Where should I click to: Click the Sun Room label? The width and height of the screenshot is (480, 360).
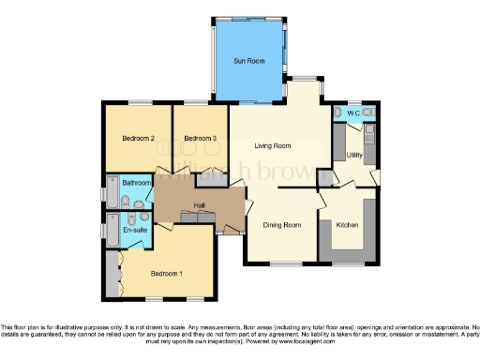248,61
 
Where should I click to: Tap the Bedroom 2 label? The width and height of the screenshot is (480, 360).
138,139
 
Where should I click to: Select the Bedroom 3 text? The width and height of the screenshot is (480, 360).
200,139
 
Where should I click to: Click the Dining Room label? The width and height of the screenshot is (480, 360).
281,225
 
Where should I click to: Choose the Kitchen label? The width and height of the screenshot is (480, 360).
348,225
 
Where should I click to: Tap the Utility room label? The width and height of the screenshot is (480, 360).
354,155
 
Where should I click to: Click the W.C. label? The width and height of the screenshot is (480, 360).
353,114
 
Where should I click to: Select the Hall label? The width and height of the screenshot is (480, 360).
200,205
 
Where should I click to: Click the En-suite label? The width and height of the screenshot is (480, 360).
134,229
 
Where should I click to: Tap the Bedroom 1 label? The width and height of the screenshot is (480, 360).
167,273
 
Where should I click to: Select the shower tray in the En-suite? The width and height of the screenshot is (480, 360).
112,232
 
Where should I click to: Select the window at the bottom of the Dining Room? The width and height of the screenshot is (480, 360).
281,263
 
